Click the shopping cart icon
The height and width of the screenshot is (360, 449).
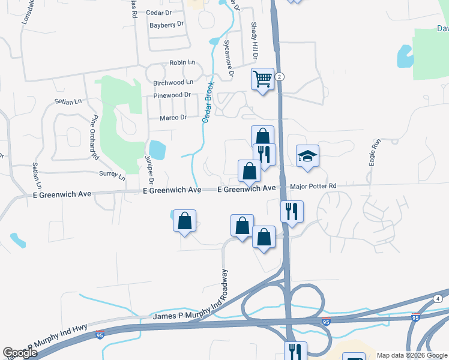pyautogui.click(x=263, y=79)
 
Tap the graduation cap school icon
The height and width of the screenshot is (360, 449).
pyautogui.click(x=307, y=156)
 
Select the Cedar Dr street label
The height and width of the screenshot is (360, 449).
pyautogui.click(x=158, y=12)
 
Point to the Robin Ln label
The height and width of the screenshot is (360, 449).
pyautogui.click(x=182, y=62)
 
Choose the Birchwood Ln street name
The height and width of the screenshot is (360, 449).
pyautogui.click(x=173, y=82)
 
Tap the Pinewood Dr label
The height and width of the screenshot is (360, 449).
pyautogui.click(x=172, y=95)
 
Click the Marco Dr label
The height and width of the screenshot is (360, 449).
pyautogui.click(x=174, y=118)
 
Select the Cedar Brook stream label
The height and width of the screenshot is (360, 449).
pyautogui.click(x=208, y=103)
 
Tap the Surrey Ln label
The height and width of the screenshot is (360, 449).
pyautogui.click(x=112, y=175)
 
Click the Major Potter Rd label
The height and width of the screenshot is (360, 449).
pyautogui.click(x=313, y=187)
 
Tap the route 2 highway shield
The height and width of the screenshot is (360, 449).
pyautogui.click(x=280, y=77)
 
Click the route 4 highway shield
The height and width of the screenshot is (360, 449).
pyautogui.click(x=438, y=298)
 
